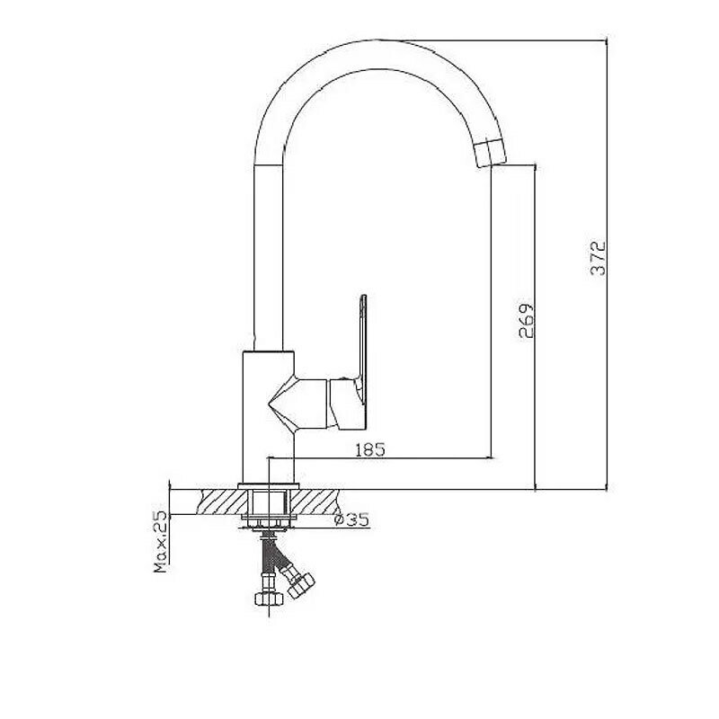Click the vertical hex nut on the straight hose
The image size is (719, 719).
tap(267, 599)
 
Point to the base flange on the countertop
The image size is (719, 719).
tap(269, 488)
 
